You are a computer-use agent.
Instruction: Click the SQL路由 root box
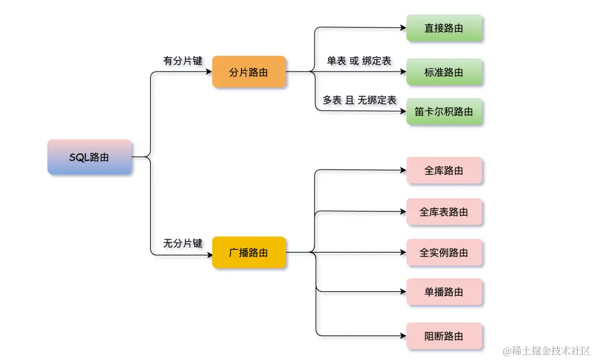(x=89, y=157)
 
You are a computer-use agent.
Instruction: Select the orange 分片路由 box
(x=249, y=72)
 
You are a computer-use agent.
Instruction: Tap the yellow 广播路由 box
(x=249, y=253)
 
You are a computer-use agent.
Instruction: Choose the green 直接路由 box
(x=444, y=28)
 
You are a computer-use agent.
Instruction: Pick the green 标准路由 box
(x=444, y=72)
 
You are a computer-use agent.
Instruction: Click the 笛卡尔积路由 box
(x=444, y=112)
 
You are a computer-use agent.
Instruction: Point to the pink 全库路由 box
(x=444, y=171)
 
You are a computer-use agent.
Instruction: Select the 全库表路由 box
(x=444, y=212)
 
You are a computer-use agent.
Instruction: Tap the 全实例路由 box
(x=444, y=253)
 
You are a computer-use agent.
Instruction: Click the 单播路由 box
(x=444, y=292)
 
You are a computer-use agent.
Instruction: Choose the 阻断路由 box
(x=444, y=336)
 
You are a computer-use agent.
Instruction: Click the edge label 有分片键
(x=183, y=61)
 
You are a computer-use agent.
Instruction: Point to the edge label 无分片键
(x=183, y=243)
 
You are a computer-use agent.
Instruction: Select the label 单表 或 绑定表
(x=359, y=61)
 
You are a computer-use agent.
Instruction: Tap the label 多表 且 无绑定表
(x=359, y=100)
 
